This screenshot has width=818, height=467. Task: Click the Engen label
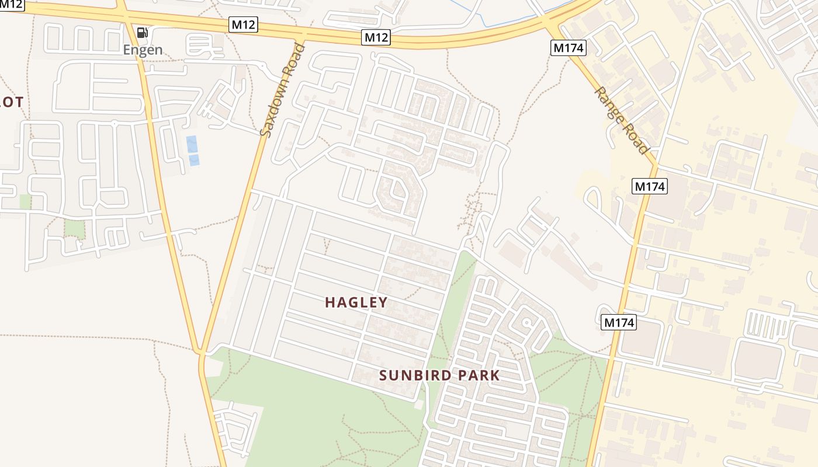click(143, 50)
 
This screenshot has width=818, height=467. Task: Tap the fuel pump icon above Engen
click(142, 32)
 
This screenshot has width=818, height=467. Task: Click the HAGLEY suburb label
click(356, 302)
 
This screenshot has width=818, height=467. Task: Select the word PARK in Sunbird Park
click(478, 375)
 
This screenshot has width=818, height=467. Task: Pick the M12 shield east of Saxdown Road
click(376, 38)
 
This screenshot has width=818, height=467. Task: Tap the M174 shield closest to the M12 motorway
click(568, 48)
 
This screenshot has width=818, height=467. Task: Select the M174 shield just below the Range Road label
click(650, 187)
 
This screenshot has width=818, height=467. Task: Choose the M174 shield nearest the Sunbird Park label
click(619, 322)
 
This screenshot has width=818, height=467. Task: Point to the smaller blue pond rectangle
click(194, 160)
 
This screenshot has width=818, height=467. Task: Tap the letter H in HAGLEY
click(330, 302)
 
